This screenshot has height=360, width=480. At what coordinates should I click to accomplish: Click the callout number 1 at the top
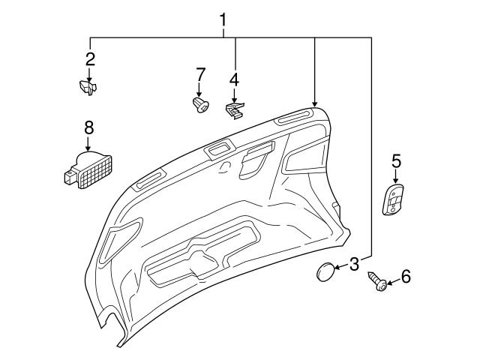coord(223,16)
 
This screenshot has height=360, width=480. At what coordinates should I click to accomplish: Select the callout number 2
coord(90,58)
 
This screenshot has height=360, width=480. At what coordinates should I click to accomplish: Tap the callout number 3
coord(354,263)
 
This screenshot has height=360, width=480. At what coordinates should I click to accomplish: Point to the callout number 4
coord(234,79)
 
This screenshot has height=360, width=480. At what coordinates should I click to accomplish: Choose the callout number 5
coord(396,160)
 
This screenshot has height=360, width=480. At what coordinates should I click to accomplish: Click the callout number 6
coord(406,277)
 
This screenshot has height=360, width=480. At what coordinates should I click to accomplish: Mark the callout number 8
coord(88,127)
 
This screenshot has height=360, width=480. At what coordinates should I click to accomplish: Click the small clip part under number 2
coord(89,88)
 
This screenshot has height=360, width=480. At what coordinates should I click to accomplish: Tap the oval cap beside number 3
coord(324,271)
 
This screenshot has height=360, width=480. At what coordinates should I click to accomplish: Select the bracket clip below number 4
coord(235,111)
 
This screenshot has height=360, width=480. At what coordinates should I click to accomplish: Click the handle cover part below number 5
coord(393,199)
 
